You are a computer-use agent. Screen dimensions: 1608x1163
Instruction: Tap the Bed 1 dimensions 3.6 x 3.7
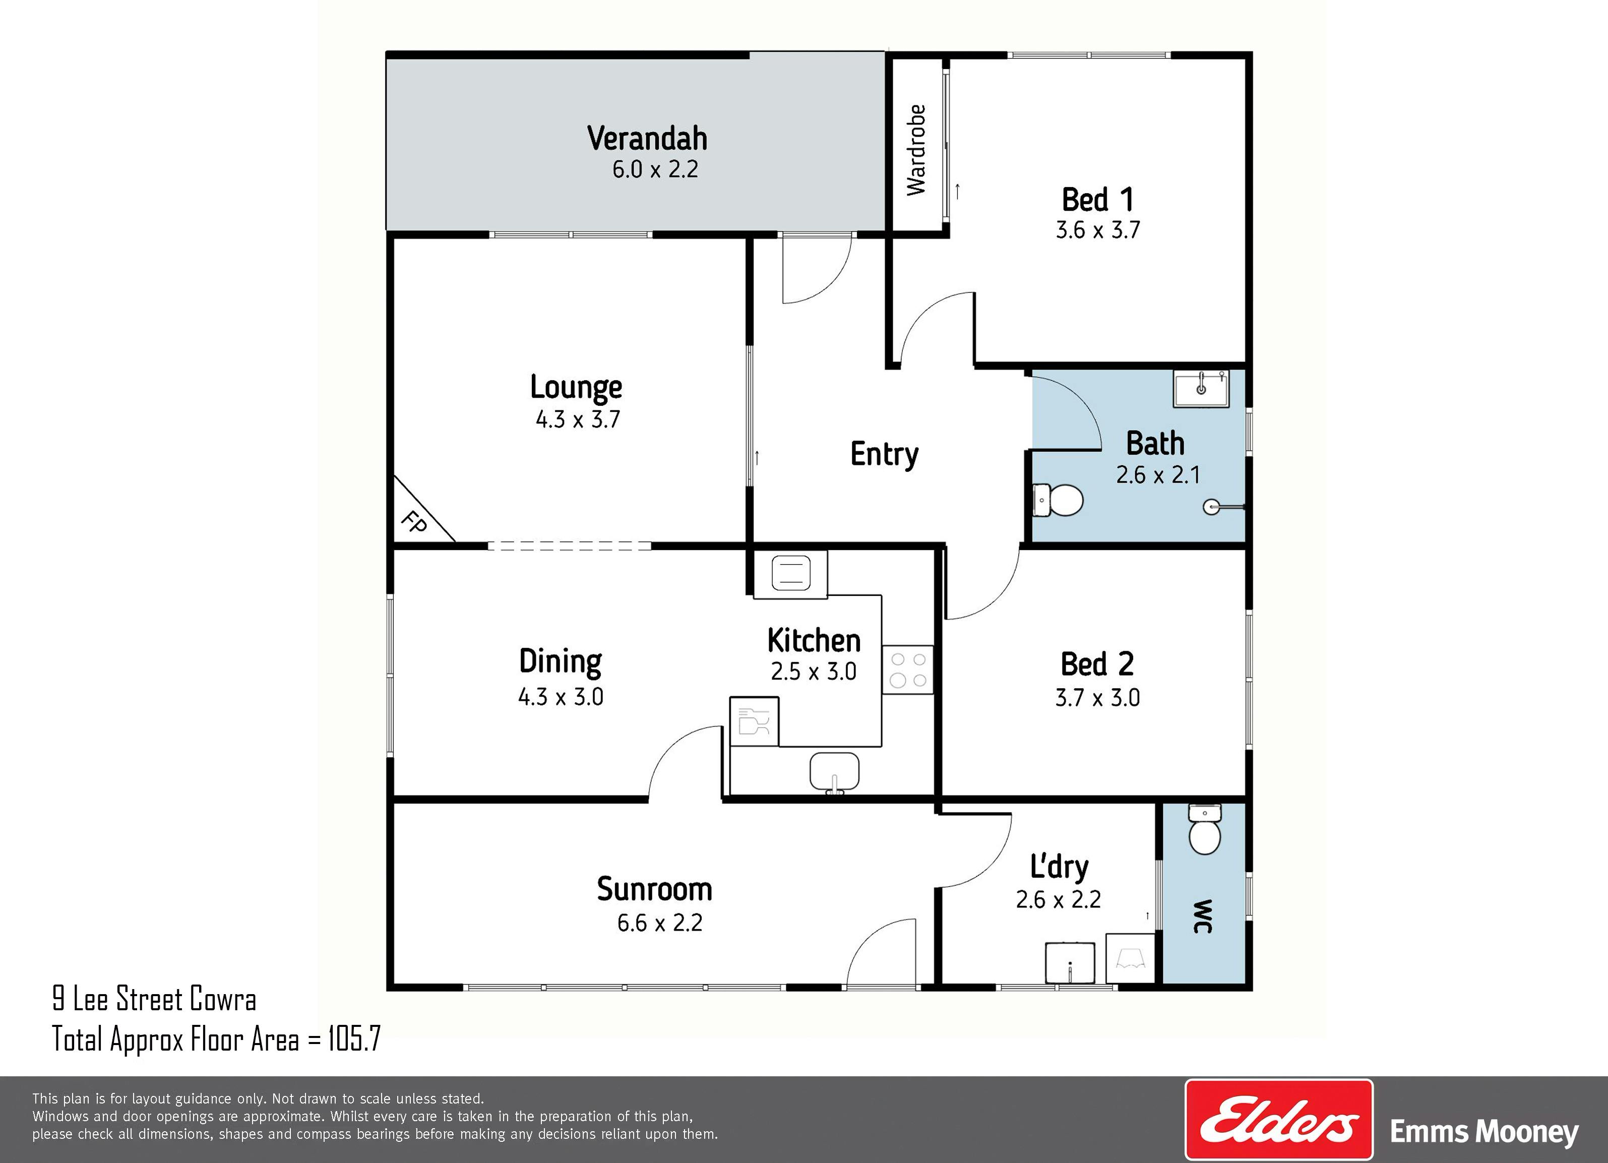pyautogui.click(x=1097, y=230)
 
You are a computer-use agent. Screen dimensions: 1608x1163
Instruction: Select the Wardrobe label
pyautogui.click(x=916, y=150)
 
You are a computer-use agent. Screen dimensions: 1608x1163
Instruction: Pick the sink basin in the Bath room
pyautogui.click(x=1201, y=389)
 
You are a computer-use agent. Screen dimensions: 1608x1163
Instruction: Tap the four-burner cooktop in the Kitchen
pyautogui.click(x=907, y=669)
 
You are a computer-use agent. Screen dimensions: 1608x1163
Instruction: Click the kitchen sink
pyautogui.click(x=834, y=771)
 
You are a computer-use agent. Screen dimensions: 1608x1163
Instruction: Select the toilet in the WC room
pyautogui.click(x=1204, y=830)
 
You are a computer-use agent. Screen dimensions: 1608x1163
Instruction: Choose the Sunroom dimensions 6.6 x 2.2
pyautogui.click(x=659, y=923)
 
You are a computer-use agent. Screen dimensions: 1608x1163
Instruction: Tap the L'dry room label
pyautogui.click(x=1059, y=867)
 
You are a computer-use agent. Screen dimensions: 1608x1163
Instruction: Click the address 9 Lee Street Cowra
pyautogui.click(x=154, y=999)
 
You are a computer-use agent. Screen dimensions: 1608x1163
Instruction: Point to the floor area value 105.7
pyautogui.click(x=354, y=1039)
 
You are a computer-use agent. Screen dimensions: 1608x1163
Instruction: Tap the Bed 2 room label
pyautogui.click(x=1097, y=664)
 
